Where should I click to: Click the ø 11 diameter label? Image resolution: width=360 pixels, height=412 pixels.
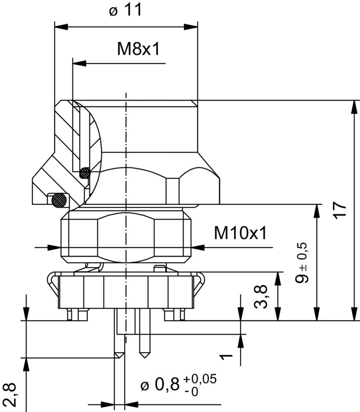coord(126,10)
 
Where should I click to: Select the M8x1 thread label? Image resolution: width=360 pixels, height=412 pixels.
coord(139,50)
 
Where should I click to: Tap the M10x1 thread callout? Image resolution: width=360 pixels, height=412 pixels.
coord(240,233)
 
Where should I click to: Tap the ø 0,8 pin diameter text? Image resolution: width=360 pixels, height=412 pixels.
coord(160,385)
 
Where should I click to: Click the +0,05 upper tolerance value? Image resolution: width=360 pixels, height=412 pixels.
coord(200,379)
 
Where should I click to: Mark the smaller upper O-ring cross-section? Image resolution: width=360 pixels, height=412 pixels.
coord(84,172)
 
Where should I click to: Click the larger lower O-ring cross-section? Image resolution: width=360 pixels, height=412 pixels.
coord(58,199)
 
